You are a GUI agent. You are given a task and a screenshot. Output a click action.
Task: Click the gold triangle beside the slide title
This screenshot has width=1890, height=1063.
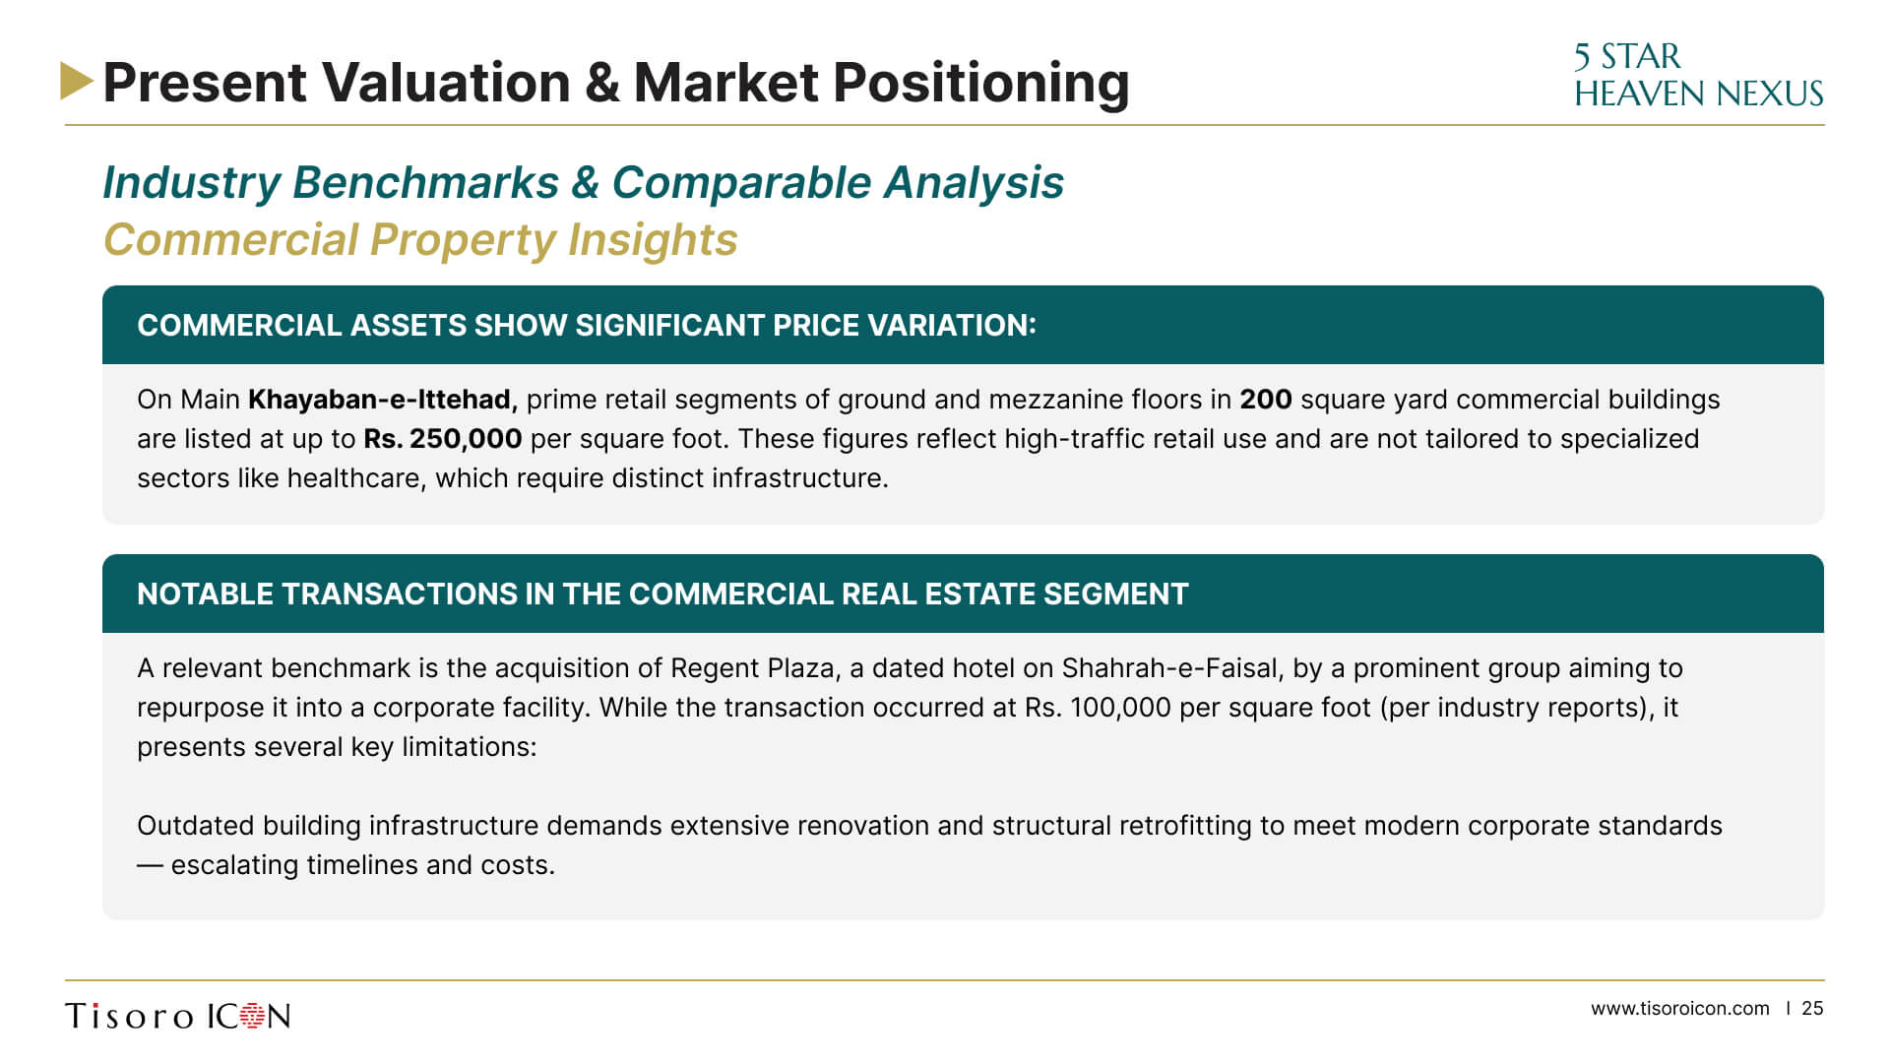click(x=76, y=81)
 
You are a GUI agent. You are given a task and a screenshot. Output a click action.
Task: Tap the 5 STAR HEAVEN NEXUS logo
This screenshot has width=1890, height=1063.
click(x=1698, y=75)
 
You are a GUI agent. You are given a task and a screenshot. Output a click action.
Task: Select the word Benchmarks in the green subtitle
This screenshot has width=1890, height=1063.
click(x=426, y=182)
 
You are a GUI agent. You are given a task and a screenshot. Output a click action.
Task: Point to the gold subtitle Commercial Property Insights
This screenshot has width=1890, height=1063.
click(x=420, y=239)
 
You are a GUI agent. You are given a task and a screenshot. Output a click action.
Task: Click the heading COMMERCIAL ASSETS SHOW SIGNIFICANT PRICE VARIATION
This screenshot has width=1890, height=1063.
click(x=587, y=325)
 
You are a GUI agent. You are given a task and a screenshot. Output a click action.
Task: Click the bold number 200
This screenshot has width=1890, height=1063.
click(x=1265, y=399)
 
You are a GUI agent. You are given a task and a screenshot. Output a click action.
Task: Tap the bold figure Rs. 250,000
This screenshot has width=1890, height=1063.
click(x=443, y=438)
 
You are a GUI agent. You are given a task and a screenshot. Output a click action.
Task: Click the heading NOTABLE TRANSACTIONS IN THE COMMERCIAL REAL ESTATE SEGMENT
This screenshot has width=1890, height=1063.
click(x=662, y=594)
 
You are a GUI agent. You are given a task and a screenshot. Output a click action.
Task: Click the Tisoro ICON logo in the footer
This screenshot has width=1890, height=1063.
click(x=178, y=1016)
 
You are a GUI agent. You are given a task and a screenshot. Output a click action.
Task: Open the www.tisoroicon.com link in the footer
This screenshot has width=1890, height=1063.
click(x=1679, y=1008)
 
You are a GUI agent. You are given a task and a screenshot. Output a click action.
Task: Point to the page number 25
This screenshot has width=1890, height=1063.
click(x=1812, y=1008)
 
